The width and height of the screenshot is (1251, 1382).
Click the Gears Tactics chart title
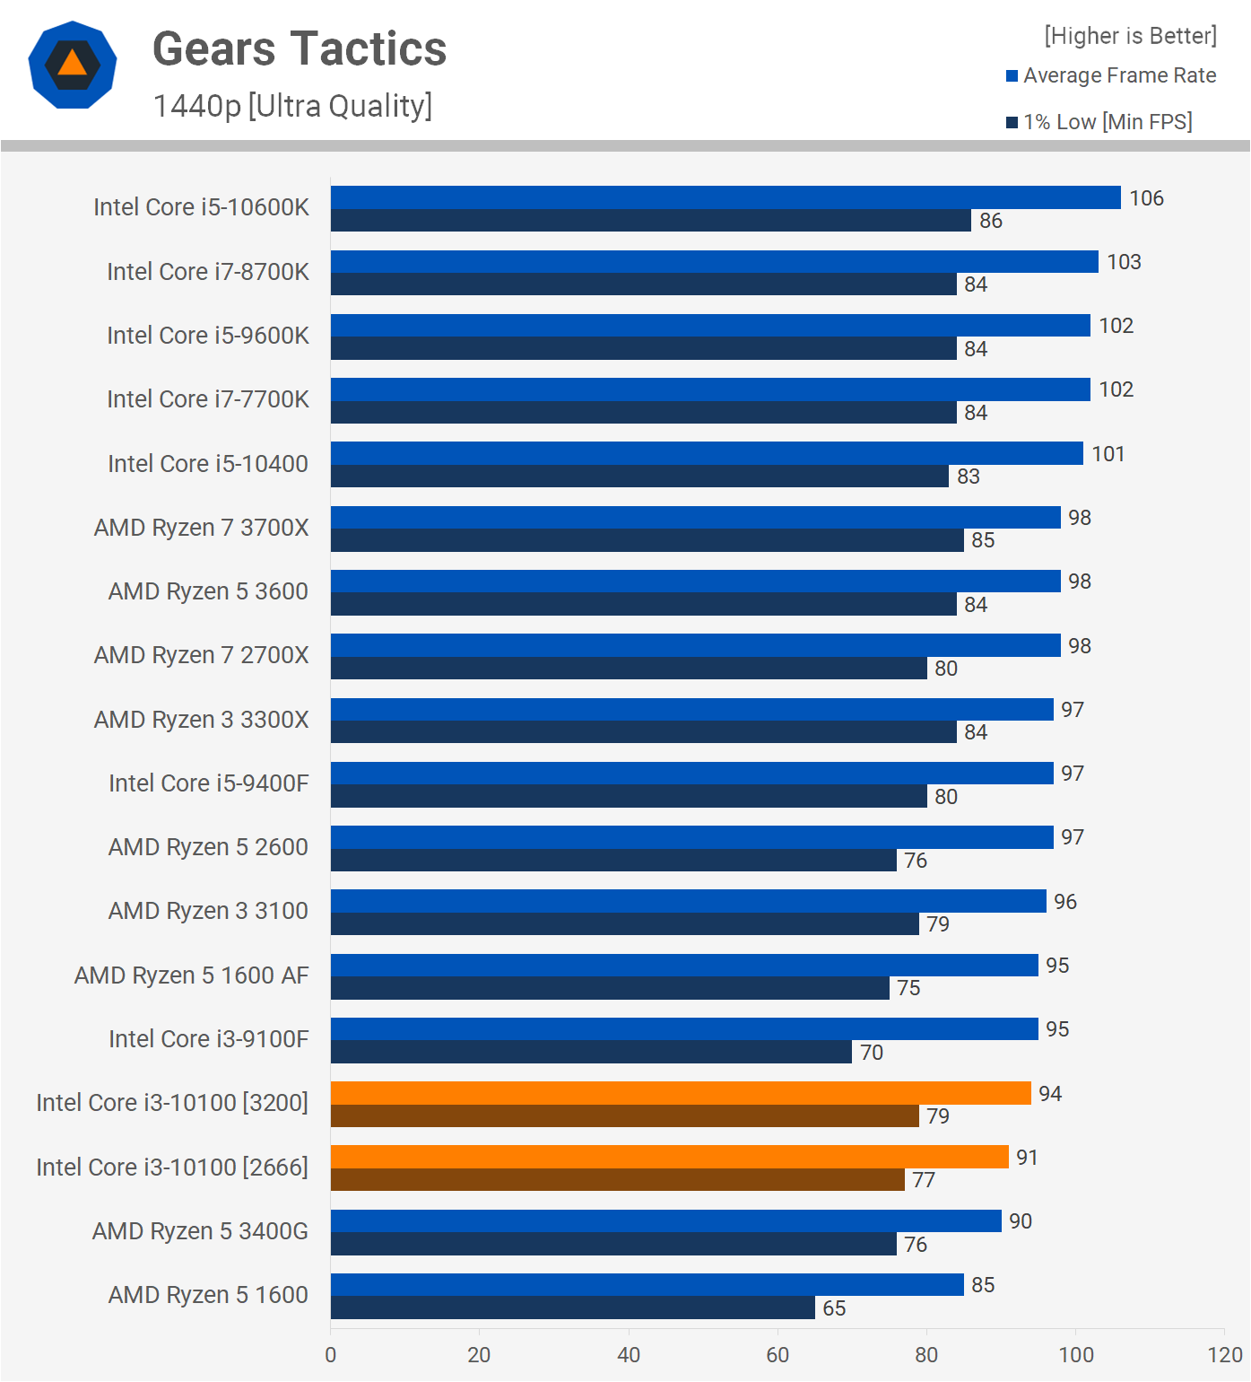[300, 48]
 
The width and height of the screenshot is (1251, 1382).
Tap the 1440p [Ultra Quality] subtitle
[292, 106]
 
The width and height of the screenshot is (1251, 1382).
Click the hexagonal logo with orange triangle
[73, 65]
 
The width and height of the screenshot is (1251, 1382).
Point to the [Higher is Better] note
[1130, 36]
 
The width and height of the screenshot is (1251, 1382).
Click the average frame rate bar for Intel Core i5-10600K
[725, 197]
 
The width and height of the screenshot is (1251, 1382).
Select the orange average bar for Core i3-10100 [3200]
[680, 1093]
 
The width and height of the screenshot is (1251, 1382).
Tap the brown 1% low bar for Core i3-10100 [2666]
[617, 1180]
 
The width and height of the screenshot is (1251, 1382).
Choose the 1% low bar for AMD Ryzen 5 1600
[572, 1308]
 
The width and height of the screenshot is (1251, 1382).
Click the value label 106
[1146, 198]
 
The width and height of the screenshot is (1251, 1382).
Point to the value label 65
[834, 1308]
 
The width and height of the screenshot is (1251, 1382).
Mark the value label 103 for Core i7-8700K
[1124, 262]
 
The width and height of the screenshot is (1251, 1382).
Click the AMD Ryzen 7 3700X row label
[201, 528]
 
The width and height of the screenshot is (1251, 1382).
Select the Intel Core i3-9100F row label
[208, 1039]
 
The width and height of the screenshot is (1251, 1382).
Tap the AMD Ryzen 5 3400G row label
[200, 1231]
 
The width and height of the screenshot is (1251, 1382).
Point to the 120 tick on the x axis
[1225, 1355]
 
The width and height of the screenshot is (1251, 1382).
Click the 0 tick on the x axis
[331, 1355]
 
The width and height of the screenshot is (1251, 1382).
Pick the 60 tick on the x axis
[778, 1355]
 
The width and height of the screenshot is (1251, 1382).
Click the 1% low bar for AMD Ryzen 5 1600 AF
[610, 988]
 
